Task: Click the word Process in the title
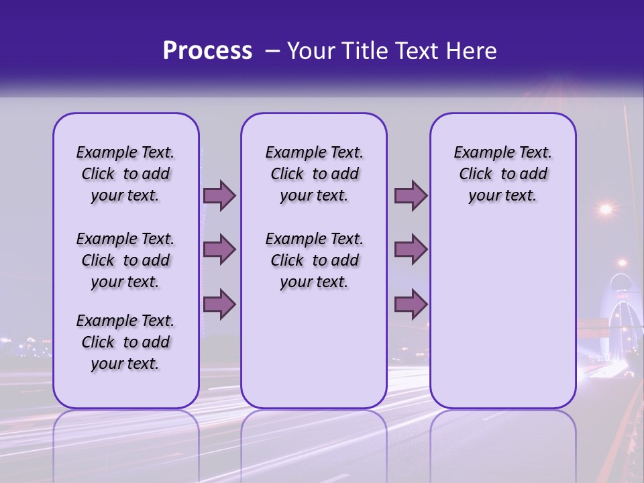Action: click(x=207, y=51)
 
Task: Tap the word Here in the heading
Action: click(x=472, y=51)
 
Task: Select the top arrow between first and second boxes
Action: click(x=219, y=195)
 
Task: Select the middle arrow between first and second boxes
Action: click(x=219, y=250)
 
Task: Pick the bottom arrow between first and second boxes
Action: click(x=219, y=304)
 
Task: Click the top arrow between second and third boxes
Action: click(x=411, y=195)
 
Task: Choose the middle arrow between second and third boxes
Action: click(x=411, y=250)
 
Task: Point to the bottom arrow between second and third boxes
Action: click(x=411, y=304)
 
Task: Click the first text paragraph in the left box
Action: click(x=125, y=174)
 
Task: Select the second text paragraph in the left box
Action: click(x=125, y=260)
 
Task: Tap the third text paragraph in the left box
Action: click(x=125, y=342)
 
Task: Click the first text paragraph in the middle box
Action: click(x=314, y=174)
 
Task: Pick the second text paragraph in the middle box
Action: click(x=314, y=260)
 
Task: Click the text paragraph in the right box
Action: click(x=502, y=174)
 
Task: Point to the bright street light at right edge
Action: click(x=606, y=209)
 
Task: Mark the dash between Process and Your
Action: click(x=272, y=52)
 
